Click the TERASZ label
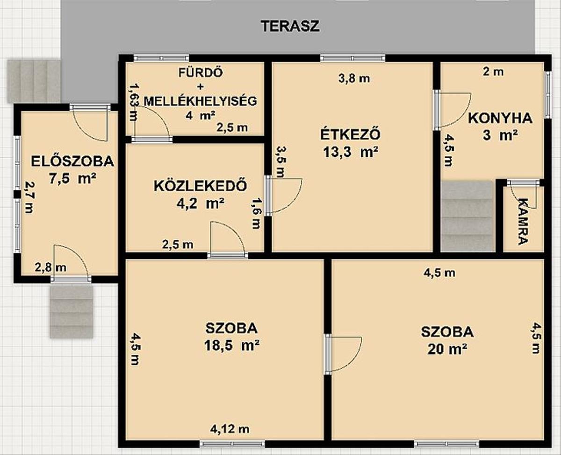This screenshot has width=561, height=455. [x=290, y=26]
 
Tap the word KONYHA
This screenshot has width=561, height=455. [x=500, y=118]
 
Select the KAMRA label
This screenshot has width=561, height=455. [x=523, y=222]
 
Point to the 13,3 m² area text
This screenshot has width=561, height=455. [x=351, y=152]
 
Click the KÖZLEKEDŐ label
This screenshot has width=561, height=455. [x=201, y=186]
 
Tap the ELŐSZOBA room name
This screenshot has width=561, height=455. [x=72, y=161]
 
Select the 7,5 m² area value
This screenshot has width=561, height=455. [x=72, y=179]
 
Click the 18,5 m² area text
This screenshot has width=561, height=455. [x=232, y=345]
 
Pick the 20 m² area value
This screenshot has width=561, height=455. [x=447, y=349]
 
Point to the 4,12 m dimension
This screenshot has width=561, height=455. [x=230, y=429]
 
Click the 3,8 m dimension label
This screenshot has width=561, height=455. [x=354, y=78]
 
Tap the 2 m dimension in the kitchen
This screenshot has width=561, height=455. [x=493, y=72]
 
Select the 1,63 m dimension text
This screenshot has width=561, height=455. [x=135, y=102]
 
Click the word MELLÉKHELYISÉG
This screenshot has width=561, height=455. [x=201, y=101]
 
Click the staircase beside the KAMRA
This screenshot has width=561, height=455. [x=467, y=216]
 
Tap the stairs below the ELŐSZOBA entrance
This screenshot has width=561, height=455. [x=72, y=312]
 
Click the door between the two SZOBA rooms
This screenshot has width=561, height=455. [x=342, y=354]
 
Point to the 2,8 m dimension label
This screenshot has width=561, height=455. [x=51, y=268]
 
